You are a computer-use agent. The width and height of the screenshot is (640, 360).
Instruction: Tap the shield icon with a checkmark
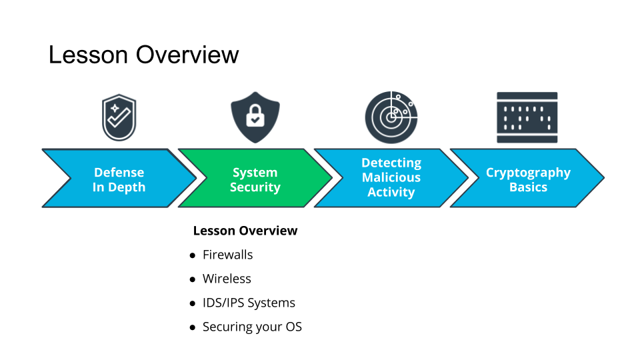click(119, 117)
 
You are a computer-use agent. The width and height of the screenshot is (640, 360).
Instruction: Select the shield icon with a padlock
click(255, 117)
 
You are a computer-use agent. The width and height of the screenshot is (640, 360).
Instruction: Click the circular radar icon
click(391, 117)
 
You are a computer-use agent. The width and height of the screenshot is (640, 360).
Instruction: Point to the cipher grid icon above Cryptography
click(527, 117)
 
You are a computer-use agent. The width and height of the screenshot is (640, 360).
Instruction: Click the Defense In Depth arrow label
click(119, 180)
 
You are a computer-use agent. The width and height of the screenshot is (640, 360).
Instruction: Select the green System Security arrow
click(255, 180)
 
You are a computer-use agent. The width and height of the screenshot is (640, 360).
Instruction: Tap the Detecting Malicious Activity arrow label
click(391, 178)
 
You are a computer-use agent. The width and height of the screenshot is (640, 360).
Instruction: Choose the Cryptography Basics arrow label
click(528, 180)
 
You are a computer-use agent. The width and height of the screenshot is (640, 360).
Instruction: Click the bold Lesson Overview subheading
click(245, 231)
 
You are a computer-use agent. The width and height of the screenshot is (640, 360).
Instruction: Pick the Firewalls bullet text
click(227, 255)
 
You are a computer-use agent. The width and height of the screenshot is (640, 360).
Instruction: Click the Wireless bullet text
click(227, 279)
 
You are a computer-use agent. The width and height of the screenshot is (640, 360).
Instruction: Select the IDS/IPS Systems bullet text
click(249, 303)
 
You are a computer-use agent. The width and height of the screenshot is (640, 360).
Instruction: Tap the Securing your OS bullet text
click(252, 327)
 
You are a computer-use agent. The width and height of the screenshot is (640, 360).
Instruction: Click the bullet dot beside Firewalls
click(193, 255)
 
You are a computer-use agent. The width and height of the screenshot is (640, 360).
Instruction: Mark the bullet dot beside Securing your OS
click(193, 327)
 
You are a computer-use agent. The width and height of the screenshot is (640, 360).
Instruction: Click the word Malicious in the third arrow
click(391, 178)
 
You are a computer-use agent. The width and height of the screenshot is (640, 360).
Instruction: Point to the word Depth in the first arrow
click(127, 187)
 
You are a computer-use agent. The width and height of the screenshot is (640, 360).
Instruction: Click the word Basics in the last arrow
click(528, 187)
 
